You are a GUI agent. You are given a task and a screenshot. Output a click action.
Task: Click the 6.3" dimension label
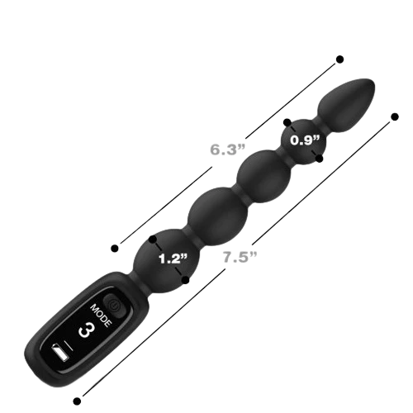227,150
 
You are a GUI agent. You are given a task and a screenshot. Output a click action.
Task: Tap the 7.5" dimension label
240,257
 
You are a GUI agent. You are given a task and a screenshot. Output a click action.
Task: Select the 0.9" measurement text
306,140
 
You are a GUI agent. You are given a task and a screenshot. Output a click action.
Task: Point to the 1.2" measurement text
173,259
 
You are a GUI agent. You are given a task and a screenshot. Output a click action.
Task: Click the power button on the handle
113,305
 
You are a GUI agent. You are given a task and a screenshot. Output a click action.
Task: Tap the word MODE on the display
102,316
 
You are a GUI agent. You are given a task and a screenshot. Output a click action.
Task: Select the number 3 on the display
87,330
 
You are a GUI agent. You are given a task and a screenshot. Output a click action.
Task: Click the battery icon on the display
61,354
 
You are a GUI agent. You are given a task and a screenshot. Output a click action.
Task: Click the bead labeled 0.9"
303,141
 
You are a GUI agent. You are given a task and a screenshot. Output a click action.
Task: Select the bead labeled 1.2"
166,260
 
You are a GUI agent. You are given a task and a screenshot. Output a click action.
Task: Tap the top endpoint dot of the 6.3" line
340,59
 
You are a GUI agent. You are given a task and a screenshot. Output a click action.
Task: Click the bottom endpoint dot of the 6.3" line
115,249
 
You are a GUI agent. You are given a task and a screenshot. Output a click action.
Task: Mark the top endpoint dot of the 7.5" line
395,116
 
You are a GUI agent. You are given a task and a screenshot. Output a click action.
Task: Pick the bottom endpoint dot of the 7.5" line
77,401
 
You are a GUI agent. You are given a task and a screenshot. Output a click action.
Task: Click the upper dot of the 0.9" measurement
287,122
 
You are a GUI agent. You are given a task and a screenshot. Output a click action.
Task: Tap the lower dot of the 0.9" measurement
320,159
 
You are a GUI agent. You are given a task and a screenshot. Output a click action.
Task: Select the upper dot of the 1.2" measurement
152,240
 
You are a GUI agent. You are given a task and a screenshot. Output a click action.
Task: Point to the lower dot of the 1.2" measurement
186,280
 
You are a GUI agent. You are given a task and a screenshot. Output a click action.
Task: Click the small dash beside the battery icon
69,346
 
